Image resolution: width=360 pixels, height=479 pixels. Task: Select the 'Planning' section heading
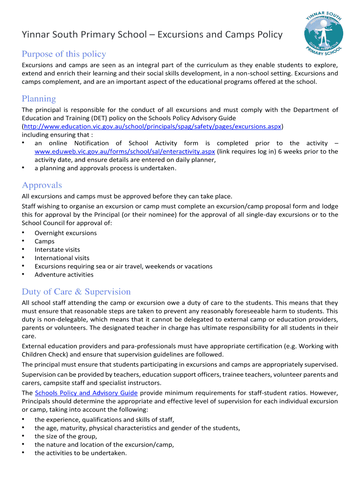pyautogui.click(x=39, y=99)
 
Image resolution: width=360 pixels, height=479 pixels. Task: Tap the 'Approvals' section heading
pyautogui.click(x=42, y=185)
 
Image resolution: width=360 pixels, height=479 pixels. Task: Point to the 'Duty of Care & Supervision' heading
pyautogui.click(x=76, y=292)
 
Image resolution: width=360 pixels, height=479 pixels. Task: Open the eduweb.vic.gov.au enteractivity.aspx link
pyautogui.click(x=125, y=152)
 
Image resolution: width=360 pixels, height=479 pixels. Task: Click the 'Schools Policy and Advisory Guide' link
pyautogui.click(x=86, y=393)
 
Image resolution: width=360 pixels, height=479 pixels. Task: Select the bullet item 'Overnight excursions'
pyautogui.click(x=65, y=233)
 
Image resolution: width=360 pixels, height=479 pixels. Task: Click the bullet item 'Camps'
pyautogui.click(x=44, y=241)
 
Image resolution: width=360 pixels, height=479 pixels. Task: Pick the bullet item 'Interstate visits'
pyautogui.click(x=57, y=250)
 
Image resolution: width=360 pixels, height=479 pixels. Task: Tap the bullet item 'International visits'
pyautogui.click(x=62, y=258)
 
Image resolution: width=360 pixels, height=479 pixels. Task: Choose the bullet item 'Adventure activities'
pyautogui.click(x=64, y=275)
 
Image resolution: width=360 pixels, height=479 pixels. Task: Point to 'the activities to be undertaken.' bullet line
pyautogui.click(x=80, y=453)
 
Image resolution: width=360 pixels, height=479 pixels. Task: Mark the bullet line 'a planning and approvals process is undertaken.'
pyautogui.click(x=106, y=168)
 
